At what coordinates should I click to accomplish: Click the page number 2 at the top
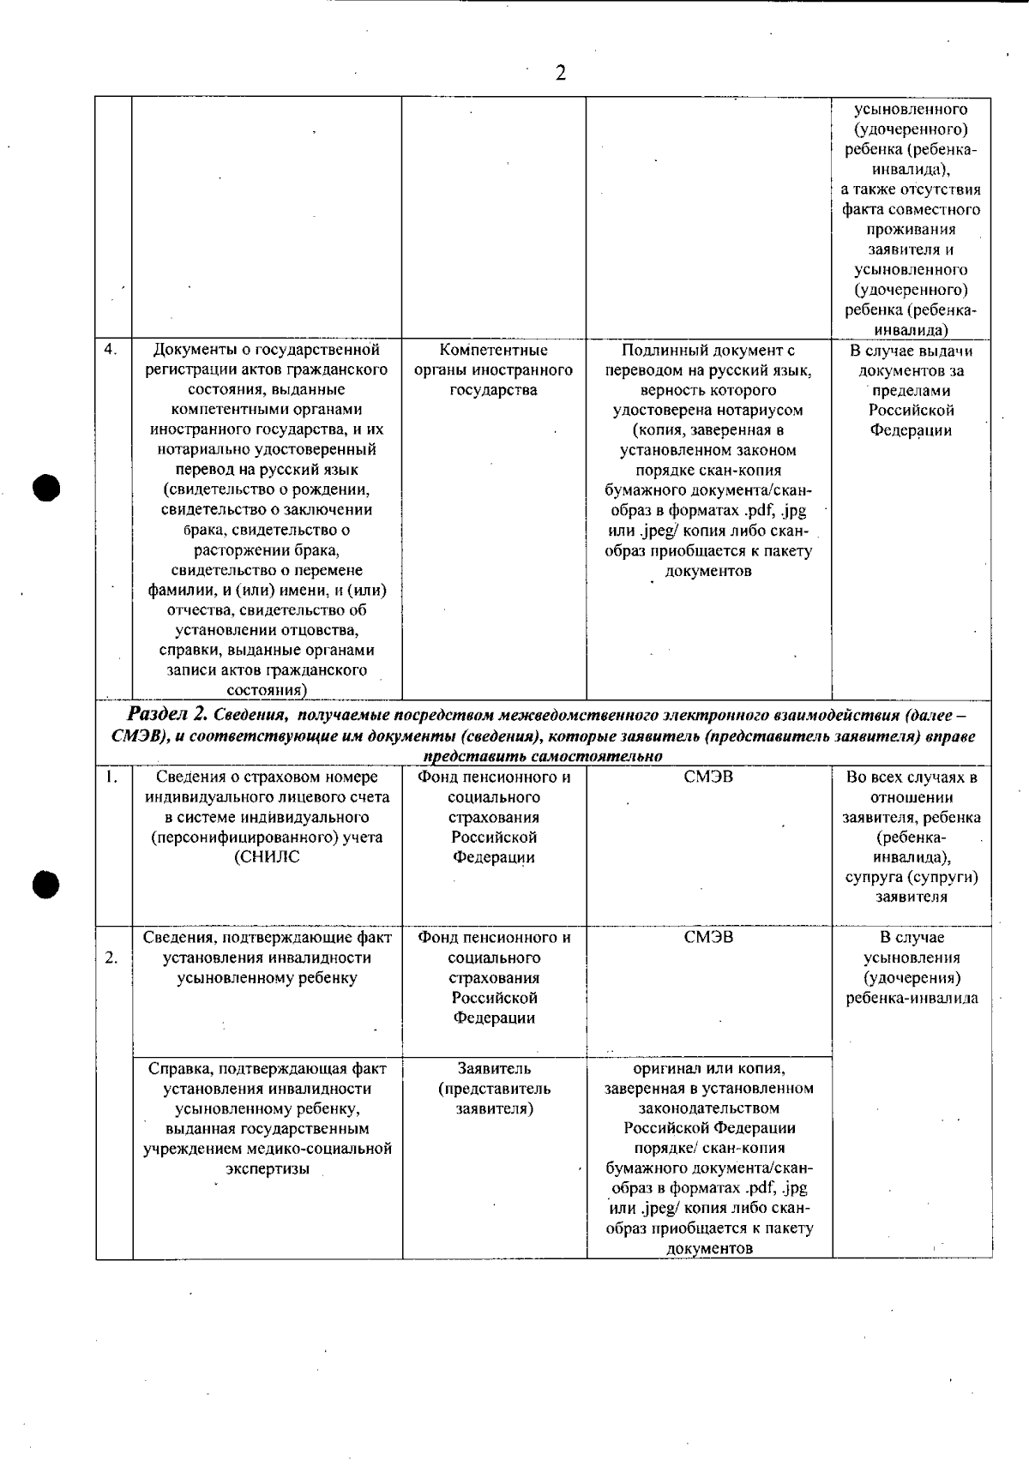coord(560,73)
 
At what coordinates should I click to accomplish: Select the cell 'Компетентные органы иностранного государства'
coord(493,370)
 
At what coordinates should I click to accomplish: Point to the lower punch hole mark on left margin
coord(46,883)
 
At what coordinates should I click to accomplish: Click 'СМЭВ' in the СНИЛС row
coord(708,778)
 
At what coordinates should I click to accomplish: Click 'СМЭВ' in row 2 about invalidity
coord(708,938)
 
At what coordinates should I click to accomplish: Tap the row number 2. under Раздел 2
coord(111,958)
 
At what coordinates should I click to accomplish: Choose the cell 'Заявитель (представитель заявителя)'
coord(494,1089)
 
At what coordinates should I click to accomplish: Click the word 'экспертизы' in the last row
coord(267,1169)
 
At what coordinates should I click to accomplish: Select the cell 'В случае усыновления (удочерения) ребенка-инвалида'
coord(912,968)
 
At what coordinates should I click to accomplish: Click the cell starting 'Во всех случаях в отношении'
coord(912,837)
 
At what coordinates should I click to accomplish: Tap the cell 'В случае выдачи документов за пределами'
coord(912,390)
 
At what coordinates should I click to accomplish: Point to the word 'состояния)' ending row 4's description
coord(267,690)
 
